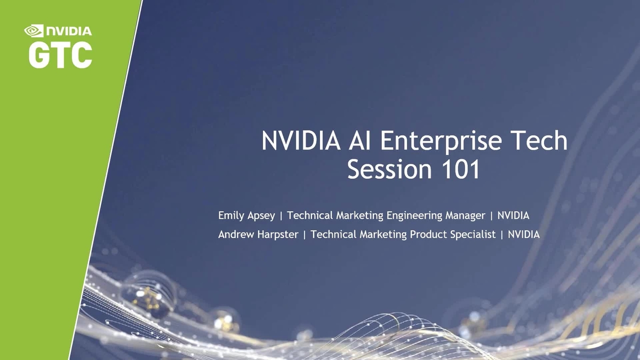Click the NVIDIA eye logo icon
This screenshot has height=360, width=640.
(34, 31)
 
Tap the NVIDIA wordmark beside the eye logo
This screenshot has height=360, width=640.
(68, 31)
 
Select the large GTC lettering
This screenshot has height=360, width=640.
(60, 55)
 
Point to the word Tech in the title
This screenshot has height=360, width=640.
(538, 141)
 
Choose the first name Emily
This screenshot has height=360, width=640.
(231, 215)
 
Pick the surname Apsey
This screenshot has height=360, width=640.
(261, 216)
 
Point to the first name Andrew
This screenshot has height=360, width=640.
(235, 234)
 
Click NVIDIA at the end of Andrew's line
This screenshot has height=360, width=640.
(524, 234)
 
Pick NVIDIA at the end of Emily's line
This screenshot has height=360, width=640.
(513, 215)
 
